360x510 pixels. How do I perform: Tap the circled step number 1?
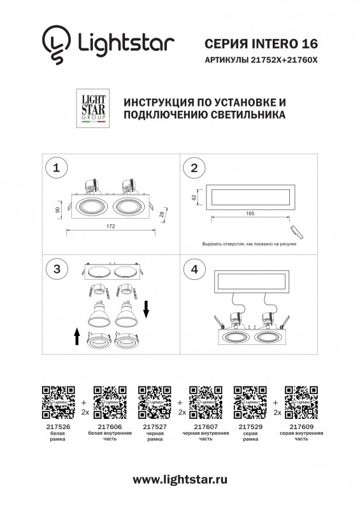(58, 168)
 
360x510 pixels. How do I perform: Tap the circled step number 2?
(194, 168)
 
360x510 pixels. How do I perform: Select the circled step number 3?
(58, 269)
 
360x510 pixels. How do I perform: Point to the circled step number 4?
(194, 269)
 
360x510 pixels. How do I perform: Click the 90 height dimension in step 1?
(59, 209)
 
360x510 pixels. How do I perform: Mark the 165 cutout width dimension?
(248, 214)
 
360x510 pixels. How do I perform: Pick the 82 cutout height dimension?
(193, 198)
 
